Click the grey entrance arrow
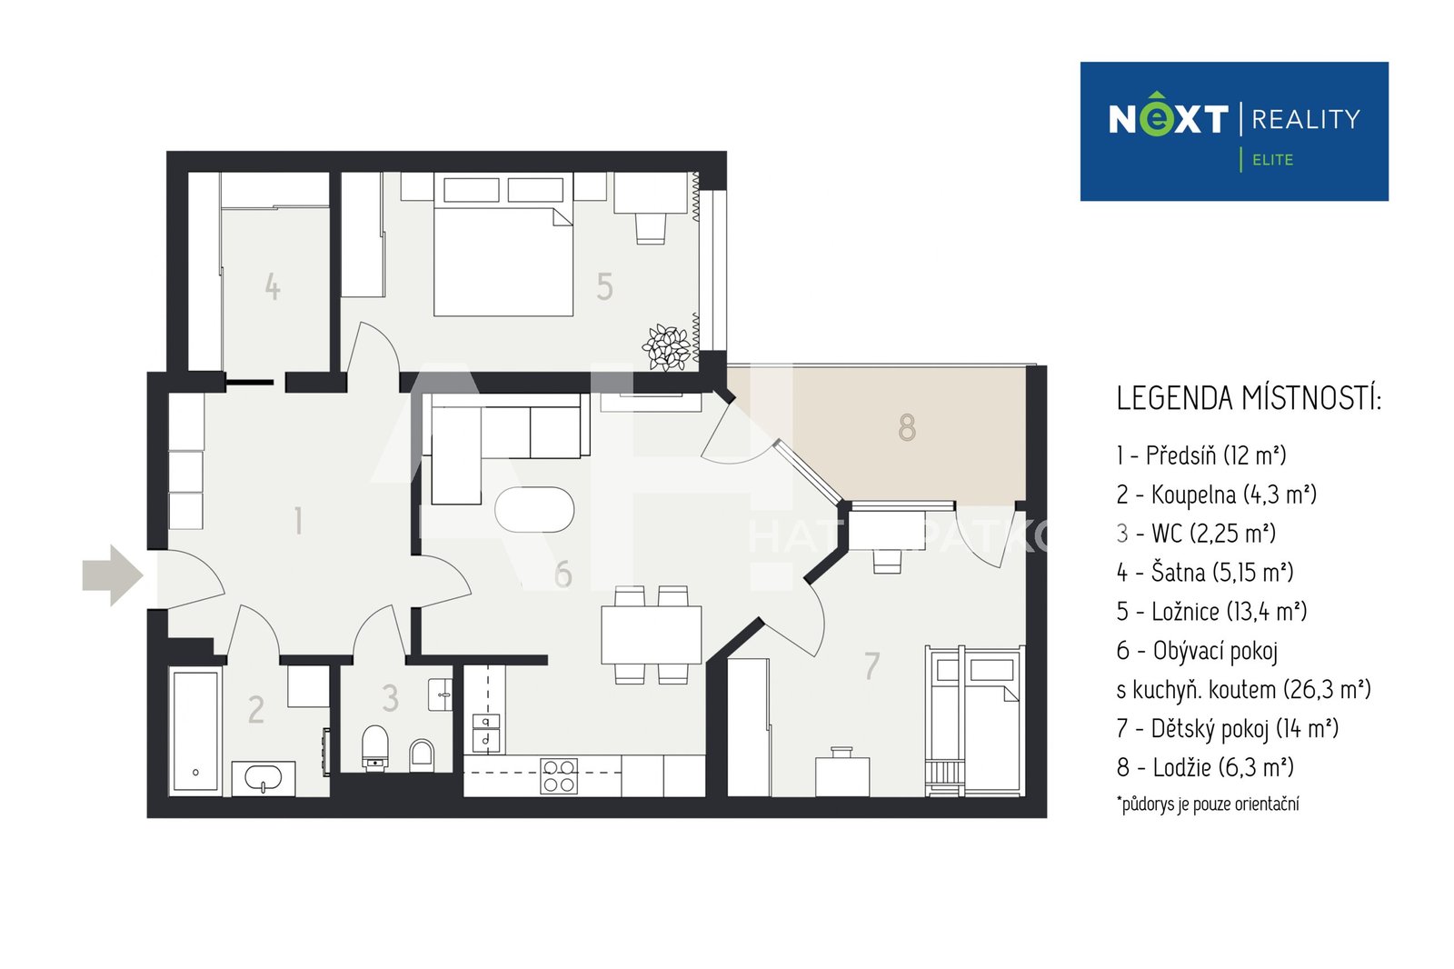coord(113,575)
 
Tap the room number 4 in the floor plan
coord(273,286)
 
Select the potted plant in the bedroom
coord(667,347)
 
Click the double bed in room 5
coord(503,245)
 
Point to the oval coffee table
coord(534,510)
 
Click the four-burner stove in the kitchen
coord(559,776)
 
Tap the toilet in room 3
coord(374,748)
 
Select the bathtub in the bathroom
coord(195,732)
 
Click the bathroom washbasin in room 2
coord(264,778)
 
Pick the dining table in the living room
coord(651,634)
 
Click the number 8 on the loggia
coord(907,428)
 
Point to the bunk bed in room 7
coord(974,720)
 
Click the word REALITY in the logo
coord(1305,119)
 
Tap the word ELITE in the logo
coord(1272,160)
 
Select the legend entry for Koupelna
coord(1217,494)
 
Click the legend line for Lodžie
coord(1205,767)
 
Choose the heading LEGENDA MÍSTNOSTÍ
coord(1249,398)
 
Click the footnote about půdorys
coord(1208,804)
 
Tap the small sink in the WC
coord(441,694)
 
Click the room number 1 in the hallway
coord(298,521)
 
